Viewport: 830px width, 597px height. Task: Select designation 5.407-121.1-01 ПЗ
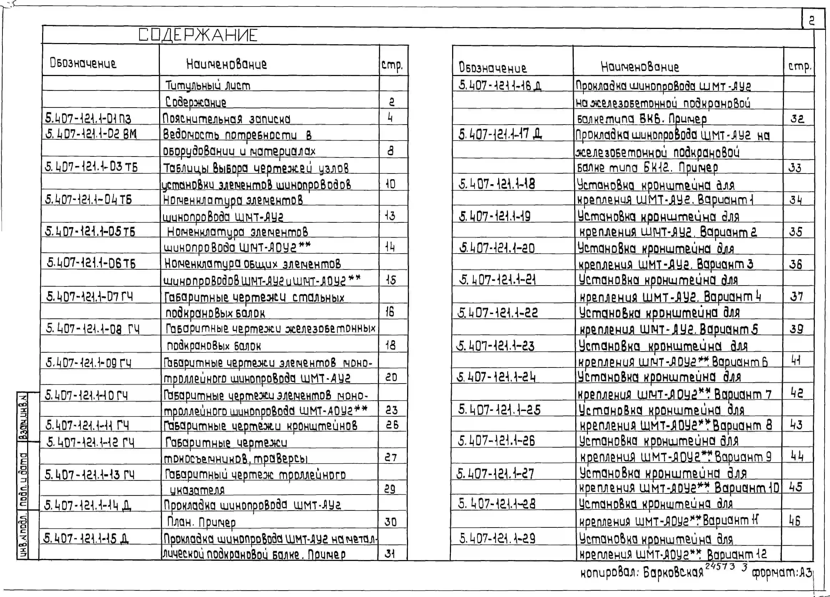pos(88,118)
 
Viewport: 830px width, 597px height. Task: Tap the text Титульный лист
pos(207,85)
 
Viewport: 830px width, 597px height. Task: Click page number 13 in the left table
pos(390,216)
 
